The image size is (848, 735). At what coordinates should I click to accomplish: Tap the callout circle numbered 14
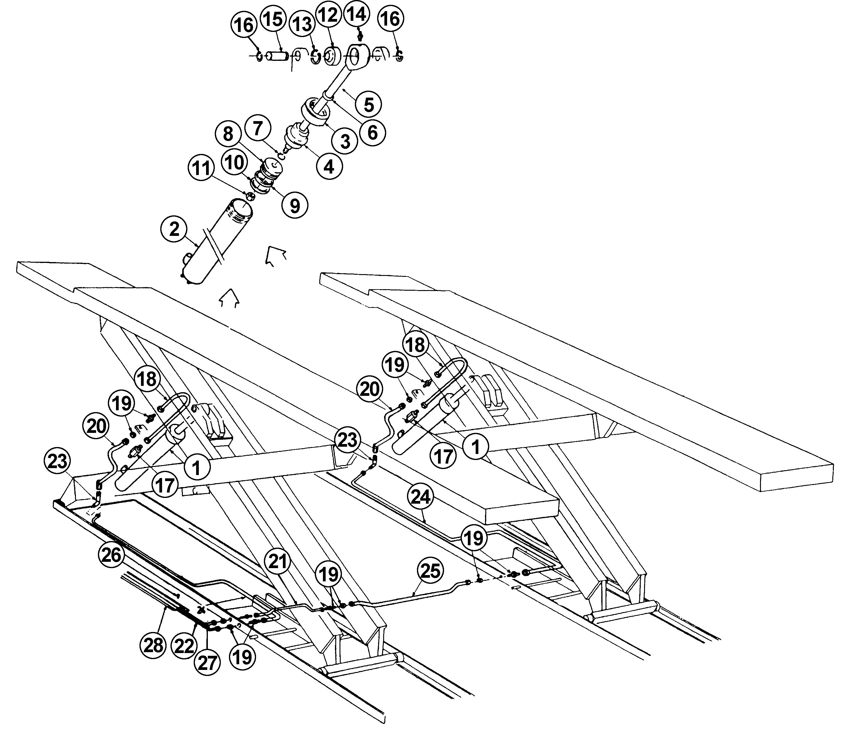coord(356,15)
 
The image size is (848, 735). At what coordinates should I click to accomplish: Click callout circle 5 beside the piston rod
coord(369,104)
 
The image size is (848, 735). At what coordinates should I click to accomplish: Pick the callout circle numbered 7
coord(258,128)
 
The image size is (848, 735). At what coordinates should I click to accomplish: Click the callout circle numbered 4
coord(329,167)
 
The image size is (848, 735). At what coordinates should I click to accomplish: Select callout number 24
coord(421,497)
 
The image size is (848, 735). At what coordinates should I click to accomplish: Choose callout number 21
coord(278,561)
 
